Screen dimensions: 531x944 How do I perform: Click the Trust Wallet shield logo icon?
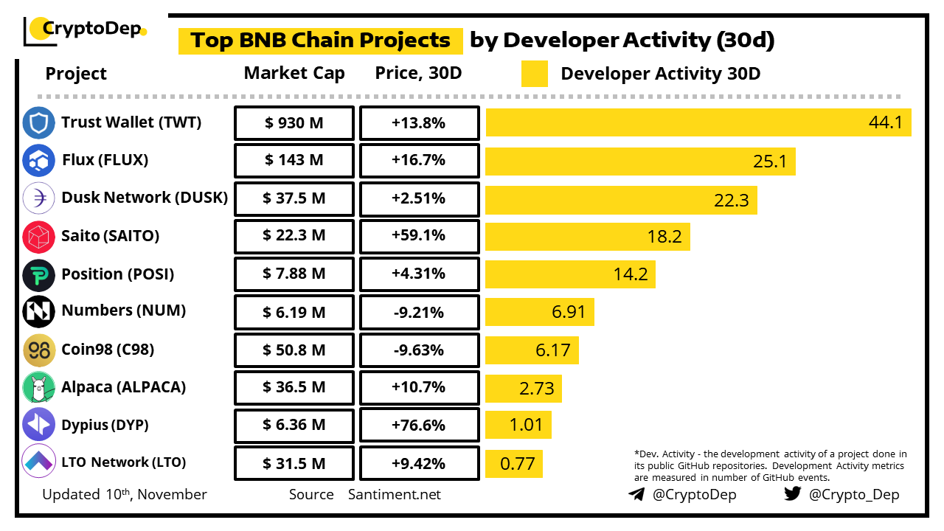[x=38, y=123]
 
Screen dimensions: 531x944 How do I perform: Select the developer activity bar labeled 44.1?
[x=698, y=122]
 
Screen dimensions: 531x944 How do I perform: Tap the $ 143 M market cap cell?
[x=294, y=161]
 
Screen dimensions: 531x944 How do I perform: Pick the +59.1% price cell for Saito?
[x=418, y=236]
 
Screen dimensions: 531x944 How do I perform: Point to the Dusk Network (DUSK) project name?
[x=145, y=198]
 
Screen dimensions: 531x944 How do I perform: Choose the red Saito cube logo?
[x=38, y=236]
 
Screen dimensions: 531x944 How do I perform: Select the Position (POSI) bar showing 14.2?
[x=569, y=274]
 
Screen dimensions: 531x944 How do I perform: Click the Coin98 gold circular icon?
[x=38, y=350]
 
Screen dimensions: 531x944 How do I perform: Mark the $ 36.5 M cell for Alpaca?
[x=294, y=388]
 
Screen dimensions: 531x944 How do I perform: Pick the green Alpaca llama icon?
[x=38, y=388]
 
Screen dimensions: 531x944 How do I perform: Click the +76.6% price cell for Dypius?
[x=418, y=426]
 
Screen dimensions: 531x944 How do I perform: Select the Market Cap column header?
[x=294, y=74]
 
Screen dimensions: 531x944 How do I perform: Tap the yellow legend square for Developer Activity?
[x=534, y=74]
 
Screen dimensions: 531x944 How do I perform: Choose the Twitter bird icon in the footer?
[x=793, y=494]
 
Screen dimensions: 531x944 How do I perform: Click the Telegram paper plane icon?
[x=636, y=494]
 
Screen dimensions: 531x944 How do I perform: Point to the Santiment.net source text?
[x=395, y=494]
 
